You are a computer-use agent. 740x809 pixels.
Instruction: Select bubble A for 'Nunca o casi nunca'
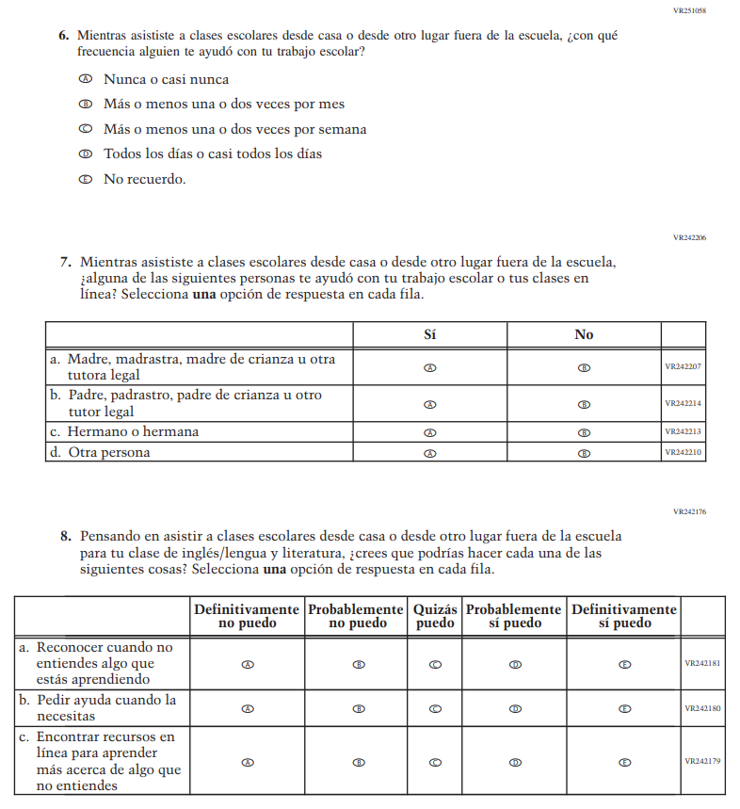click(85, 80)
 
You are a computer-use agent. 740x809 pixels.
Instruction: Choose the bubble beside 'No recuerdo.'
click(85, 179)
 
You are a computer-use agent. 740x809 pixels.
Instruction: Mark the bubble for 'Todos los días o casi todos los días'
click(85, 154)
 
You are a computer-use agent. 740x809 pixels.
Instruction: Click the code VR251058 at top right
click(689, 10)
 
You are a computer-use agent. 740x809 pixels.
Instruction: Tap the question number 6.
click(63, 36)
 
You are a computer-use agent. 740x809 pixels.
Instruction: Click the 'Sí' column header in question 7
click(430, 334)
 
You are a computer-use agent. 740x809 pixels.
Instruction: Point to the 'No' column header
click(584, 334)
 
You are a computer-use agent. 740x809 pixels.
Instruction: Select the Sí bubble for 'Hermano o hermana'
click(430, 432)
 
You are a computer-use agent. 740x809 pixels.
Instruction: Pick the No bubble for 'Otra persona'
click(584, 453)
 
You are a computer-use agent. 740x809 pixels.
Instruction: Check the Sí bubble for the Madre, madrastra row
click(430, 367)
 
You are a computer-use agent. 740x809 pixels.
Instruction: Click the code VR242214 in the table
click(684, 403)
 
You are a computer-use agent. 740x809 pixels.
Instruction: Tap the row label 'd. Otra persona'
click(100, 453)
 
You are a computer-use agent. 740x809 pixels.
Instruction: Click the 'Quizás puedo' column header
click(435, 616)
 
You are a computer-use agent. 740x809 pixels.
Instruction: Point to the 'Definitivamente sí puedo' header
click(624, 616)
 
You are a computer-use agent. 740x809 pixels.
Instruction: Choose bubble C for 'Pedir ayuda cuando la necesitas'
click(435, 708)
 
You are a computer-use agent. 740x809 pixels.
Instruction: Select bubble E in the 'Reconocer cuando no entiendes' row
click(624, 663)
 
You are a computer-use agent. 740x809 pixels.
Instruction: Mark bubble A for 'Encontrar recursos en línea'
click(248, 762)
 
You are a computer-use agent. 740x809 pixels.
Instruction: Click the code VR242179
click(702, 761)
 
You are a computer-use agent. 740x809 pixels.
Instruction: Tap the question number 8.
click(66, 536)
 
